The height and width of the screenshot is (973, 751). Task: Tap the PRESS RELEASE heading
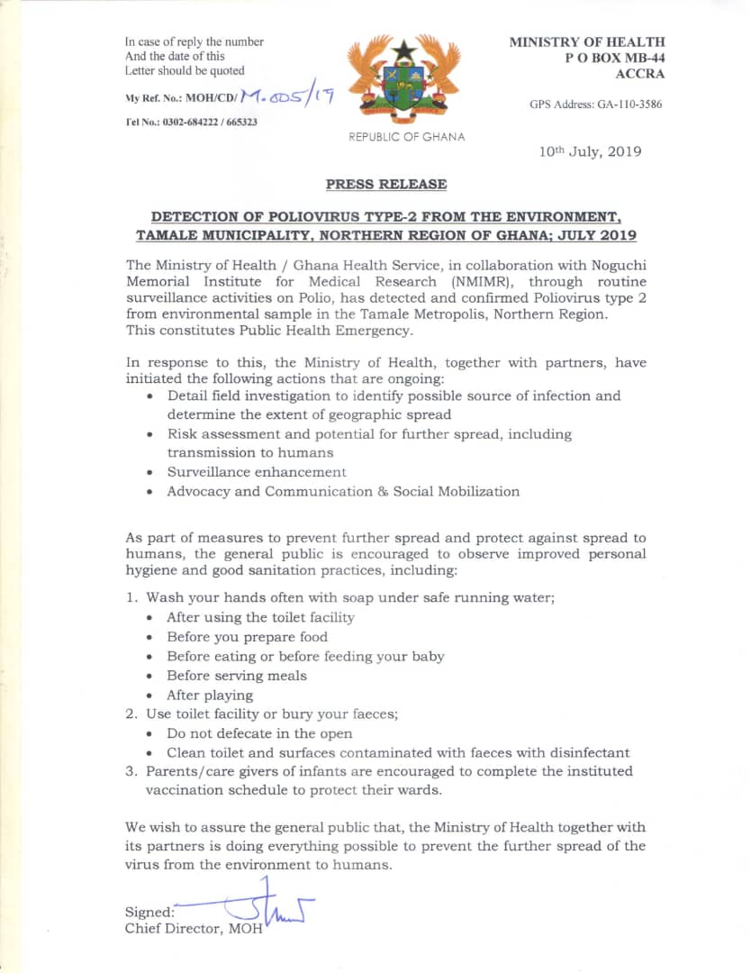[x=385, y=184]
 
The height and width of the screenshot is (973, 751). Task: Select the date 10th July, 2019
[x=590, y=152]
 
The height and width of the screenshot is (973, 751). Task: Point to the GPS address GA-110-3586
[x=596, y=105]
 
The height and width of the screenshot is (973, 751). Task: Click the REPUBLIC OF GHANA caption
[x=407, y=137]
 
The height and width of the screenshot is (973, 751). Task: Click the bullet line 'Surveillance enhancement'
[x=256, y=472]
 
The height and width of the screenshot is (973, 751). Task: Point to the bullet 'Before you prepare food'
[x=247, y=637]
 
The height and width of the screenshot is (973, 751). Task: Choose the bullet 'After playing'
[x=210, y=696]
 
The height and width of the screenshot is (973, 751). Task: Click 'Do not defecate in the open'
[x=259, y=733]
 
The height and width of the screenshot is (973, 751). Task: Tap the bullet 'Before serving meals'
[x=236, y=676]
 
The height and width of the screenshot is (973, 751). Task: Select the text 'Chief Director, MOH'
[x=194, y=929]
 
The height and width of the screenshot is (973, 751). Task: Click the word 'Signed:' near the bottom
[x=149, y=912]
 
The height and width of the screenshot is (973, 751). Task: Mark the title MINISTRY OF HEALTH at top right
[x=587, y=41]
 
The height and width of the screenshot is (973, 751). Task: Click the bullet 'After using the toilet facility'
[x=260, y=617]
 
